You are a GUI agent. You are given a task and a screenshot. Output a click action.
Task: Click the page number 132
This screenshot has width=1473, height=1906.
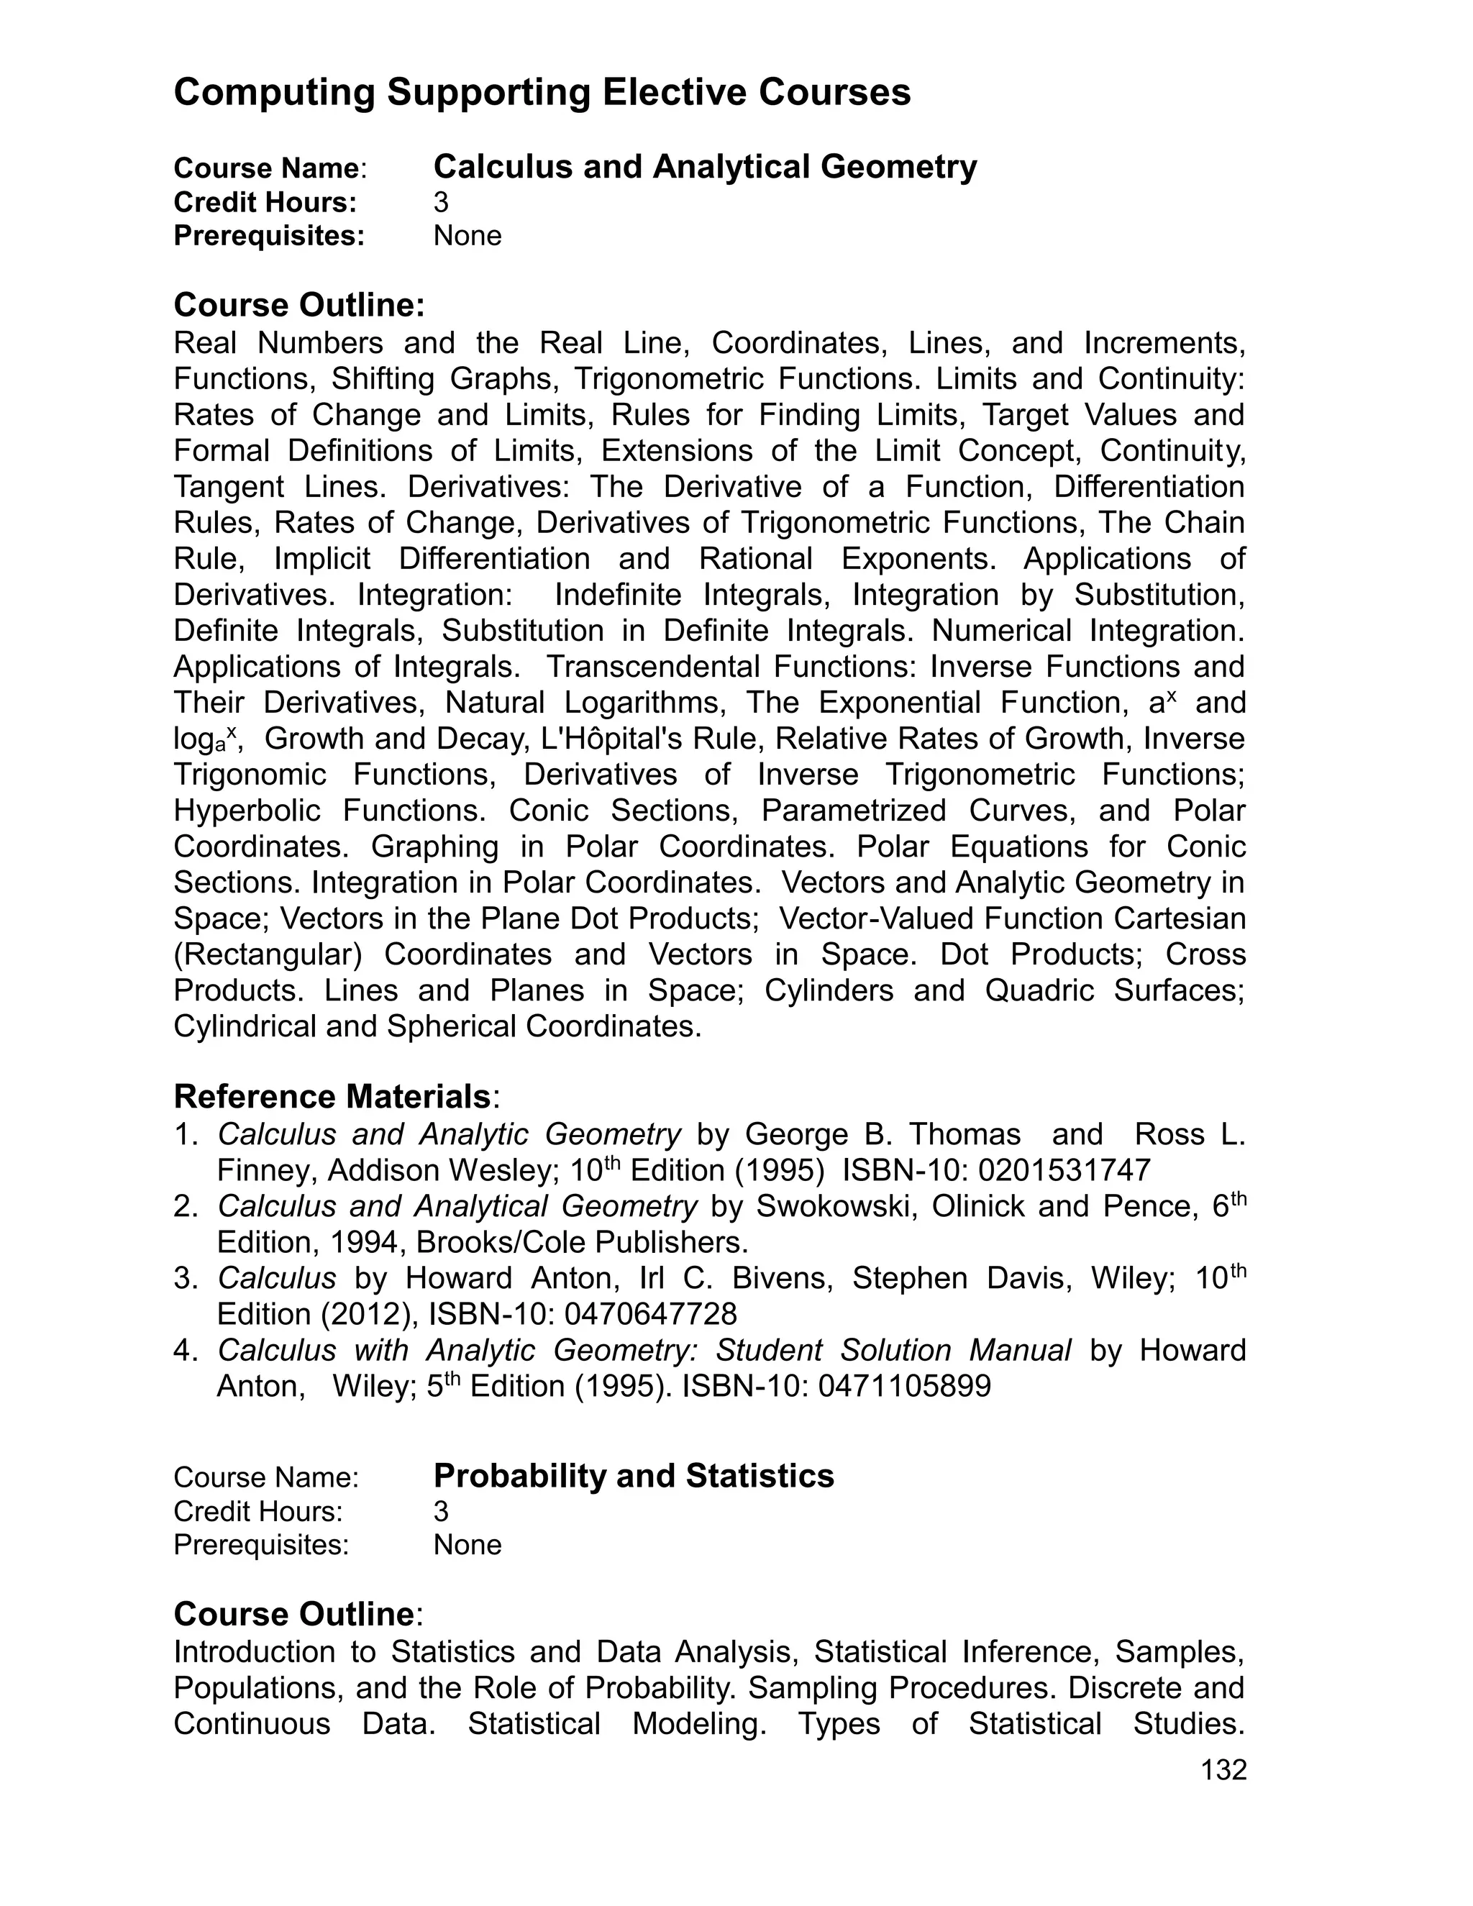tap(1223, 1770)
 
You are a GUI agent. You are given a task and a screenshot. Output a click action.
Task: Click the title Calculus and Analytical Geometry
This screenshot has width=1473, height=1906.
tap(705, 166)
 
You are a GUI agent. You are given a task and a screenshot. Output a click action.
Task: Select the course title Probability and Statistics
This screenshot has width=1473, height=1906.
tap(634, 1476)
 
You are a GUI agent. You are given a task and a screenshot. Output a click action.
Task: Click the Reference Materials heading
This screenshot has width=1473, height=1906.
tap(332, 1096)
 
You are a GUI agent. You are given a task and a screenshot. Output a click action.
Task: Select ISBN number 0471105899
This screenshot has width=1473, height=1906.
tap(904, 1386)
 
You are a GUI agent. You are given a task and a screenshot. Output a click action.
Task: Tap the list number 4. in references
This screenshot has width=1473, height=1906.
tap(187, 1350)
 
